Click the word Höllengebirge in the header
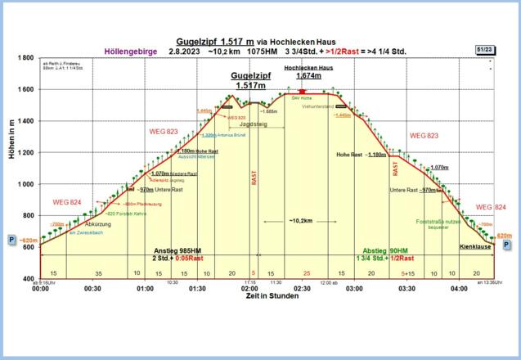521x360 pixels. pyautogui.click(x=127, y=52)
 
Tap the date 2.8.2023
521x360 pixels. pyautogui.click(x=183, y=52)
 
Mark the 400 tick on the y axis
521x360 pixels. pyautogui.click(x=28, y=279)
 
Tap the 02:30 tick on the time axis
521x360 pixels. pyautogui.click(x=302, y=289)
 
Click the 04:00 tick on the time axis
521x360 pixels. pyautogui.click(x=459, y=289)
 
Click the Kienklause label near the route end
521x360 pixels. pyautogui.click(x=474, y=245)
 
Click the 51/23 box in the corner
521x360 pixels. pyautogui.click(x=483, y=50)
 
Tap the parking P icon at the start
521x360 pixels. pyautogui.click(x=12, y=241)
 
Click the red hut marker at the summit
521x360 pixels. pyautogui.click(x=303, y=92)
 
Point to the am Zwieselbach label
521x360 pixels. pyautogui.click(x=86, y=232)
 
